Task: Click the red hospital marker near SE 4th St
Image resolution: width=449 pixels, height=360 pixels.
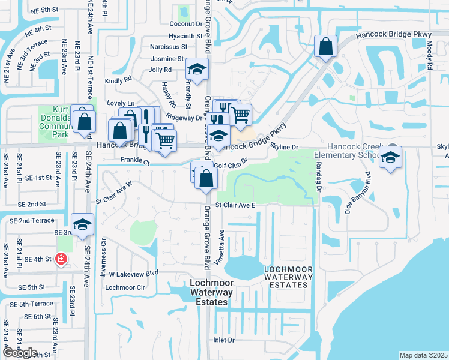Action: click(x=61, y=259)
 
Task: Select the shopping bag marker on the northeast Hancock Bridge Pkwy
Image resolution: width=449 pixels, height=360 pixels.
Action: click(x=325, y=47)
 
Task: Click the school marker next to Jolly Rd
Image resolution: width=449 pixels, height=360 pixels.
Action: click(x=196, y=71)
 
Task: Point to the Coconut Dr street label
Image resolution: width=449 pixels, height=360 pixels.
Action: click(x=185, y=24)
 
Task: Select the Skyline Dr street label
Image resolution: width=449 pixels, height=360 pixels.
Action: click(x=284, y=147)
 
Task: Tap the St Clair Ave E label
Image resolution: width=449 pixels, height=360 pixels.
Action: click(x=236, y=205)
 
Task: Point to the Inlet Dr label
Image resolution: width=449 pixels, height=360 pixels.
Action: click(x=224, y=340)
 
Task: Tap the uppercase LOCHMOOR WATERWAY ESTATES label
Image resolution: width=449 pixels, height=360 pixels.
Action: click(x=289, y=277)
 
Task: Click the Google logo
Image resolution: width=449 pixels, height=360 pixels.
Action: click(x=20, y=353)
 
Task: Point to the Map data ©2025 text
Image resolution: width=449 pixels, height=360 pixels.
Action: click(x=423, y=355)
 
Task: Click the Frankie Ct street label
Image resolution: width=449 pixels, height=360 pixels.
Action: click(x=134, y=161)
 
